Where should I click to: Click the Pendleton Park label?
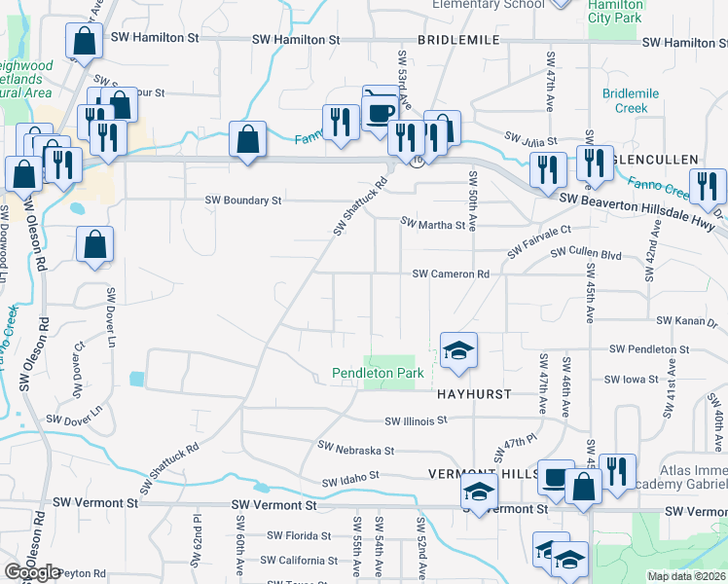[378, 373]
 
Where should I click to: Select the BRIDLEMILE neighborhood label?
[458, 40]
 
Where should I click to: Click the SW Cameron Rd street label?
[451, 274]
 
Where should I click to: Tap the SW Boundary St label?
[242, 201]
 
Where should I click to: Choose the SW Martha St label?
[433, 225]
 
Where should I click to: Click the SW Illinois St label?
[415, 421]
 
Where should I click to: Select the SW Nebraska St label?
[356, 451]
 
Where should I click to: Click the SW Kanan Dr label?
[686, 320]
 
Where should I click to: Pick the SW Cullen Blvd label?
[586, 253]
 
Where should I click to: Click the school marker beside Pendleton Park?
[458, 350]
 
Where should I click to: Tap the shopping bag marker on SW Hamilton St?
[85, 41]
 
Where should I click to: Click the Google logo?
[32, 572]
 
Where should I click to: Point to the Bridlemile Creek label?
[631, 100]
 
